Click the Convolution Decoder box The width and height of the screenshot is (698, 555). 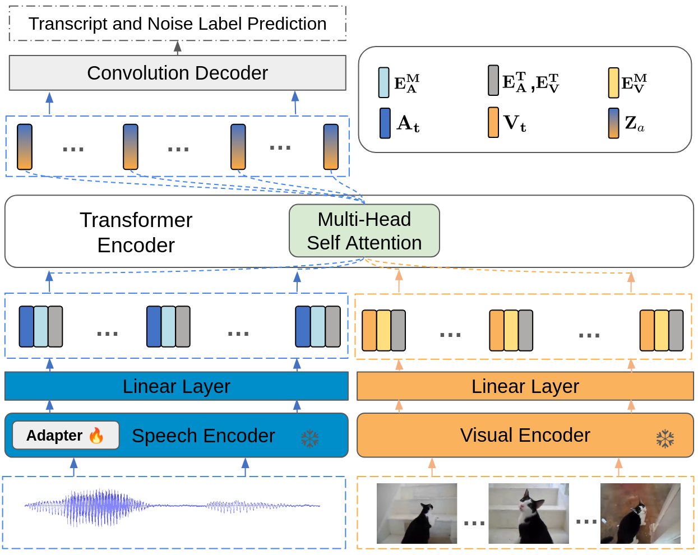click(x=177, y=73)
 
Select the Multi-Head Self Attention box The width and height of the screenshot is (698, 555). click(x=364, y=231)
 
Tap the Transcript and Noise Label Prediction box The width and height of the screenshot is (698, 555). click(x=177, y=24)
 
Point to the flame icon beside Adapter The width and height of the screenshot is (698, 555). click(x=96, y=436)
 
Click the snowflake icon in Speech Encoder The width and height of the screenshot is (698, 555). click(x=309, y=438)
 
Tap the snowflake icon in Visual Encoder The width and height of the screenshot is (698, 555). click(x=665, y=438)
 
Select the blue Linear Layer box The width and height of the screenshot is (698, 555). click(x=176, y=386)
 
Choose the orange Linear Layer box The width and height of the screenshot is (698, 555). click(x=525, y=386)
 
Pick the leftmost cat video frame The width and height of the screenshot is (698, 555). click(x=417, y=514)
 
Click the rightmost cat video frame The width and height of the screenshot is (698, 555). click(x=640, y=514)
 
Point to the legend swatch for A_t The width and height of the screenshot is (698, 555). click(x=385, y=123)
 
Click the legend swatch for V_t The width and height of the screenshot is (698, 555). click(x=493, y=123)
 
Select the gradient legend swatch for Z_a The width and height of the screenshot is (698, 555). click(x=614, y=123)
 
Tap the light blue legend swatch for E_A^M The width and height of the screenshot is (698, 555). click(x=383, y=83)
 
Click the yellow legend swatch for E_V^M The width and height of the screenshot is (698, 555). click(x=614, y=83)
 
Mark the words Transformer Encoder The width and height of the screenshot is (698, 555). click(x=136, y=232)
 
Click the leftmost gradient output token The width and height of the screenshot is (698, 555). click(x=25, y=147)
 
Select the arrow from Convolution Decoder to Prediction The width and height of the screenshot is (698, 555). click(x=178, y=48)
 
